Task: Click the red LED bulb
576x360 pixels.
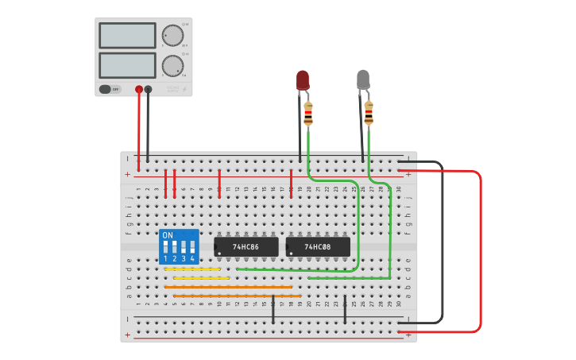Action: coord(303,79)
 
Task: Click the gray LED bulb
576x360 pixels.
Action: coord(363,79)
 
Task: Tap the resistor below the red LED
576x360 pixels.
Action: coord(308,114)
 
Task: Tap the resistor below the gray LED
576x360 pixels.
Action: coord(369,113)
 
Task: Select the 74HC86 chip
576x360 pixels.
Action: coord(246,247)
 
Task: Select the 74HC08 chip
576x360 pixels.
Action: coord(318,247)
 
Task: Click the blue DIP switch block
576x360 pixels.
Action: coord(179,246)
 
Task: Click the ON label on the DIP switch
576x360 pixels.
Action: coord(168,236)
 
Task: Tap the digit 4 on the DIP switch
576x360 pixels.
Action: coord(192,259)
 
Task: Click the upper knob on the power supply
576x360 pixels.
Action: coord(172,35)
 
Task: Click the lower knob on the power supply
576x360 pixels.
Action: coord(172,65)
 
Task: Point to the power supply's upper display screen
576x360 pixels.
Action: coord(127,35)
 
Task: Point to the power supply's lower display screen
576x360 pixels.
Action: coord(127,65)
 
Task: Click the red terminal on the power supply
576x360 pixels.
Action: coord(139,90)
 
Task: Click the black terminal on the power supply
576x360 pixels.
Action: coord(148,90)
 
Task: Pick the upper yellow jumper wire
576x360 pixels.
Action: coord(192,269)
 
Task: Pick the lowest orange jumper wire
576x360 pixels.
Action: coord(237,296)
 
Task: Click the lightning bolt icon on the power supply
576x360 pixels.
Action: coord(184,89)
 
